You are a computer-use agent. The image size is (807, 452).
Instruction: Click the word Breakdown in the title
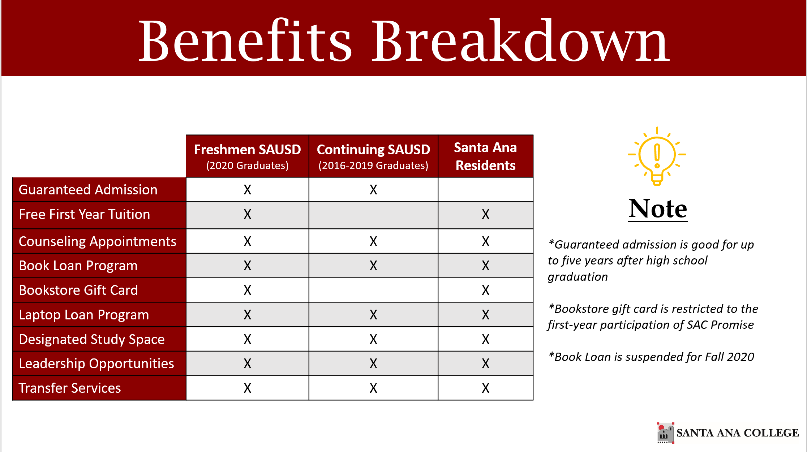click(x=520, y=40)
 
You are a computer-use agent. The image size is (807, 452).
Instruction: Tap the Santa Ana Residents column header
click(x=485, y=156)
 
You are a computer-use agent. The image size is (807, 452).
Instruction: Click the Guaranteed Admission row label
click(x=88, y=190)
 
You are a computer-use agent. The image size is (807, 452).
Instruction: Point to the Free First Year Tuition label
click(x=84, y=214)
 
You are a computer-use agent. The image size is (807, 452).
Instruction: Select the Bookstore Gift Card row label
click(x=78, y=290)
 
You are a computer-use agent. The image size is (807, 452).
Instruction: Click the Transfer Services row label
click(x=70, y=388)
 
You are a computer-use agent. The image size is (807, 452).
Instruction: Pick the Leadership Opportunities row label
click(x=96, y=363)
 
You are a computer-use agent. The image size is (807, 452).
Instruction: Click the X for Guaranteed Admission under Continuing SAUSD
click(x=373, y=190)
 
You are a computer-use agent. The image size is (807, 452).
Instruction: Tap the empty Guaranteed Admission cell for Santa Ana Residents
click(x=485, y=190)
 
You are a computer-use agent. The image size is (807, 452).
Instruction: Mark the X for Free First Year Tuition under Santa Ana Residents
click(x=485, y=215)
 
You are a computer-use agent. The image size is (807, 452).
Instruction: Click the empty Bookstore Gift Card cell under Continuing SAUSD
click(x=373, y=290)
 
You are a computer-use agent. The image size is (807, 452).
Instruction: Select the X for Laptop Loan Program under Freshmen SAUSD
click(x=247, y=315)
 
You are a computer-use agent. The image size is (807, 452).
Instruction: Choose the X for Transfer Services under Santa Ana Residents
click(x=485, y=388)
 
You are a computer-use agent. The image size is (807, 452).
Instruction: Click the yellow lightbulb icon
click(x=657, y=156)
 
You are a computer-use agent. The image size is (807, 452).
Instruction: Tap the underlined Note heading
click(x=658, y=209)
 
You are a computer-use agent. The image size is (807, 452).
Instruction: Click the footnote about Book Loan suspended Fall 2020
click(x=651, y=357)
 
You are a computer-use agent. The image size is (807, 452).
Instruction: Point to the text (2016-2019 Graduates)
click(x=373, y=165)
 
